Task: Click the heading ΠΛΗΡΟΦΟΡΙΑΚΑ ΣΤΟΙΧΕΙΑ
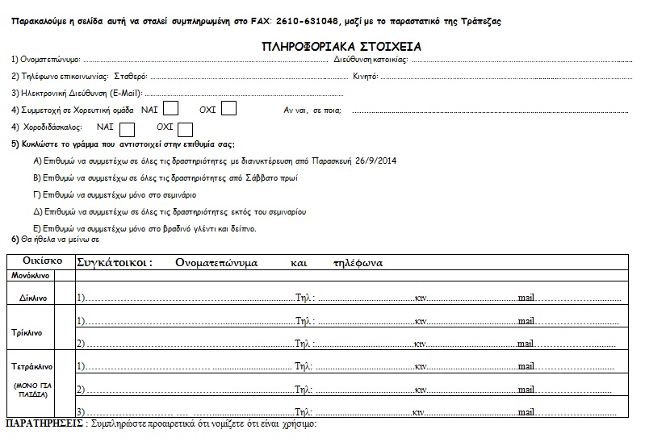pyautogui.click(x=341, y=47)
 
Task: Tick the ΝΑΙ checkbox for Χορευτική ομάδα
pyautogui.click(x=171, y=108)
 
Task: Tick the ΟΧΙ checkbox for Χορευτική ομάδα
pyautogui.click(x=229, y=108)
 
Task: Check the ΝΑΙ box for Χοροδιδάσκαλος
pyautogui.click(x=127, y=128)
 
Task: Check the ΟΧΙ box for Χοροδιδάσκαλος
pyautogui.click(x=185, y=128)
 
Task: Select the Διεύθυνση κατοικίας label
pyautogui.click(x=371, y=60)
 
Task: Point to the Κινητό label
pyautogui.click(x=366, y=77)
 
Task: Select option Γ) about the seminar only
pyautogui.click(x=115, y=194)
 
